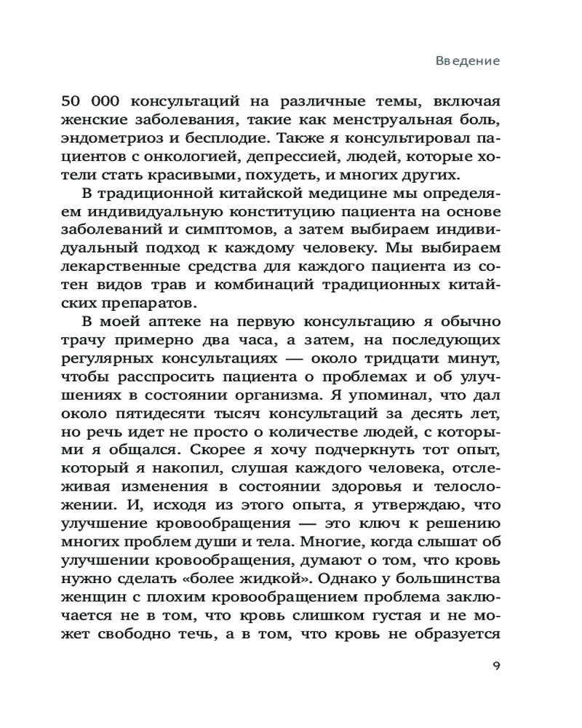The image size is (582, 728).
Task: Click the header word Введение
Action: pos(468,60)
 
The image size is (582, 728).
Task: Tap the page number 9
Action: pos(495,667)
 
